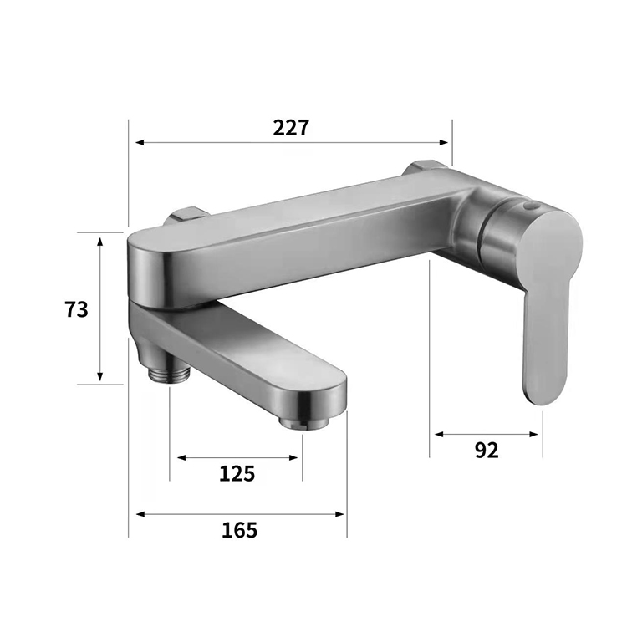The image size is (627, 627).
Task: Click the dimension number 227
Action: (x=291, y=128)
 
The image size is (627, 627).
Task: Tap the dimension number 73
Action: (x=76, y=308)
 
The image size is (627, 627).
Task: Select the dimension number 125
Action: (x=237, y=473)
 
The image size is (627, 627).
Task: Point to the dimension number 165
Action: (x=240, y=529)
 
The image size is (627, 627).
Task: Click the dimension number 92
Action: (x=486, y=450)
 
